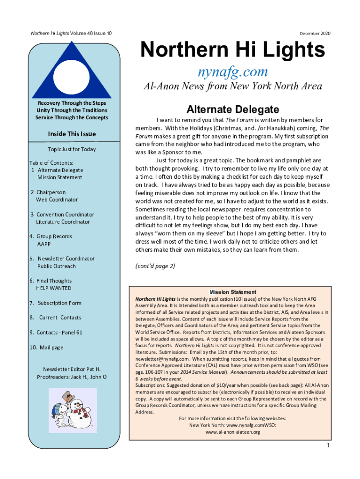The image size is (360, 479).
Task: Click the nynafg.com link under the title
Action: pyautogui.click(x=232, y=72)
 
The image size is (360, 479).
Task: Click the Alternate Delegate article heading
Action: pyautogui.click(x=232, y=109)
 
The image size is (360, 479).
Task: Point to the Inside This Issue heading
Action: pyautogui.click(x=72, y=134)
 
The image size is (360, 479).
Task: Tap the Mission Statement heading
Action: pyautogui.click(x=232, y=292)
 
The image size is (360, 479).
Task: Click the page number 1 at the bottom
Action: pyautogui.click(x=329, y=445)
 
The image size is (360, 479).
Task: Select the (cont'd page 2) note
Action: pyautogui.click(x=155, y=266)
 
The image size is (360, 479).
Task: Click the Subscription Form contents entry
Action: pyautogui.click(x=59, y=303)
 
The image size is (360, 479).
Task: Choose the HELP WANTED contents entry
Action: pyautogui.click(x=54, y=288)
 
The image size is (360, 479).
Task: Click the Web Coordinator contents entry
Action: pyautogui.click(x=57, y=200)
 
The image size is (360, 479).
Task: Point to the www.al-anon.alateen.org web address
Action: pyautogui.click(x=232, y=432)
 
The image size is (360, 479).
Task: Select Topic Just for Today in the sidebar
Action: pyautogui.click(x=72, y=149)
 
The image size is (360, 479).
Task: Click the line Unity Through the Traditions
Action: pyautogui.click(x=72, y=110)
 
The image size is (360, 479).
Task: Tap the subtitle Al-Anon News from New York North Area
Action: pyautogui.click(x=232, y=87)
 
